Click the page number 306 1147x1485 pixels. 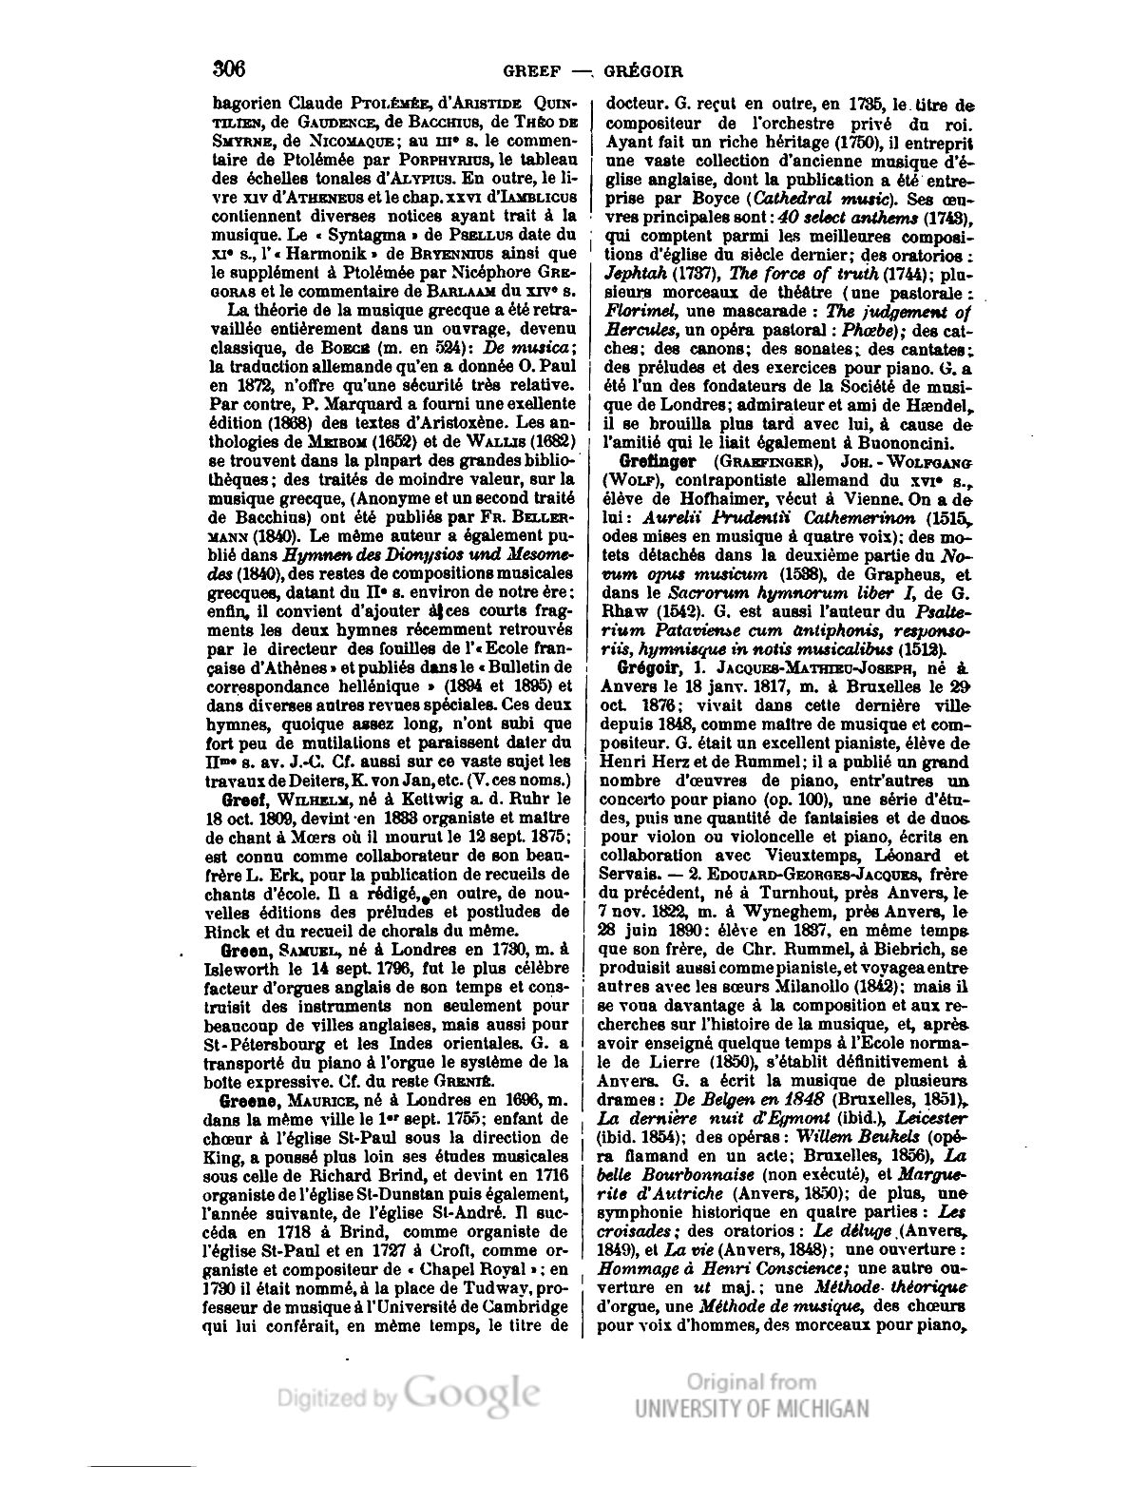coord(229,69)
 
